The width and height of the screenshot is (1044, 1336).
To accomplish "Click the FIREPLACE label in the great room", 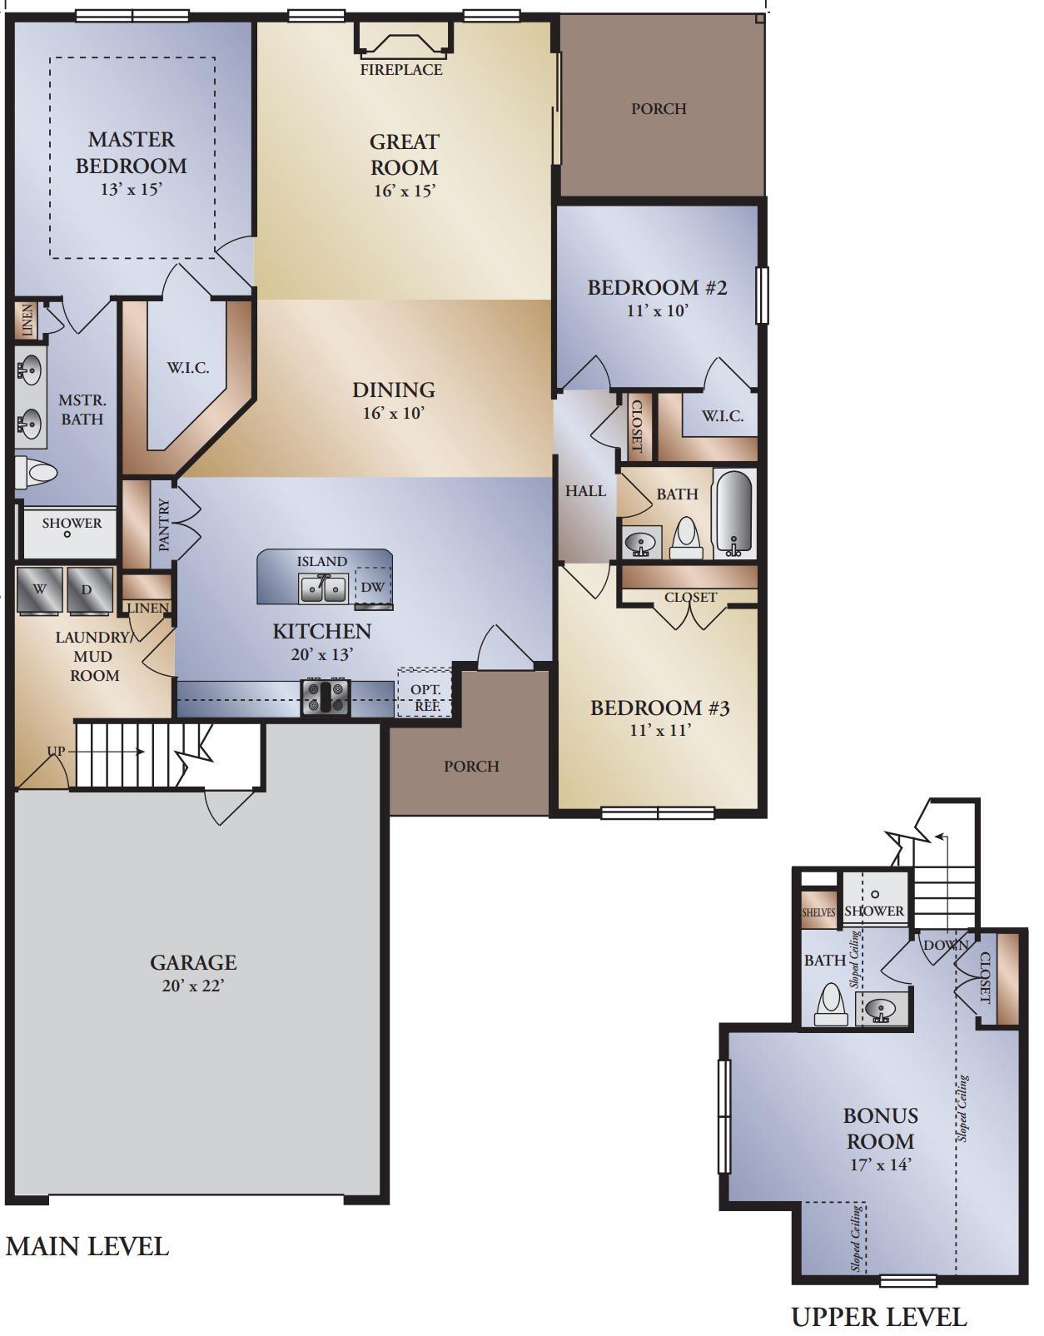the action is pyautogui.click(x=401, y=69).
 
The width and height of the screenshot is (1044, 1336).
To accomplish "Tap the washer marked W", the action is pyautogui.click(x=39, y=590).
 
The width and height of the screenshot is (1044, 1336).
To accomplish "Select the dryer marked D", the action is pyautogui.click(x=90, y=590).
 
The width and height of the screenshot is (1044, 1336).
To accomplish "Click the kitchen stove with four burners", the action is pyautogui.click(x=326, y=698).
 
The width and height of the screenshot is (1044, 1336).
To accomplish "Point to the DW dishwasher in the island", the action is pyautogui.click(x=373, y=588).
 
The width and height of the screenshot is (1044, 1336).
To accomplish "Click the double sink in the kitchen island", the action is pyautogui.click(x=323, y=589).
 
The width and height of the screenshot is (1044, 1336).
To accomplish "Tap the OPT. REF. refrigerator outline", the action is pyautogui.click(x=425, y=692).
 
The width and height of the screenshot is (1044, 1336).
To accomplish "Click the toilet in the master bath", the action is pyautogui.click(x=36, y=473).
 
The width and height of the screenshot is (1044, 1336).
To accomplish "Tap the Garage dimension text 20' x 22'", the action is pyautogui.click(x=193, y=986).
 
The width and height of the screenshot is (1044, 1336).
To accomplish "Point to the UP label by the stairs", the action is pyautogui.click(x=56, y=751).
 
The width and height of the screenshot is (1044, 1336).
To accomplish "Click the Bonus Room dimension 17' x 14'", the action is pyautogui.click(x=881, y=1165).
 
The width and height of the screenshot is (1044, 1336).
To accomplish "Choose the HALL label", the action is pyautogui.click(x=585, y=490).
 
